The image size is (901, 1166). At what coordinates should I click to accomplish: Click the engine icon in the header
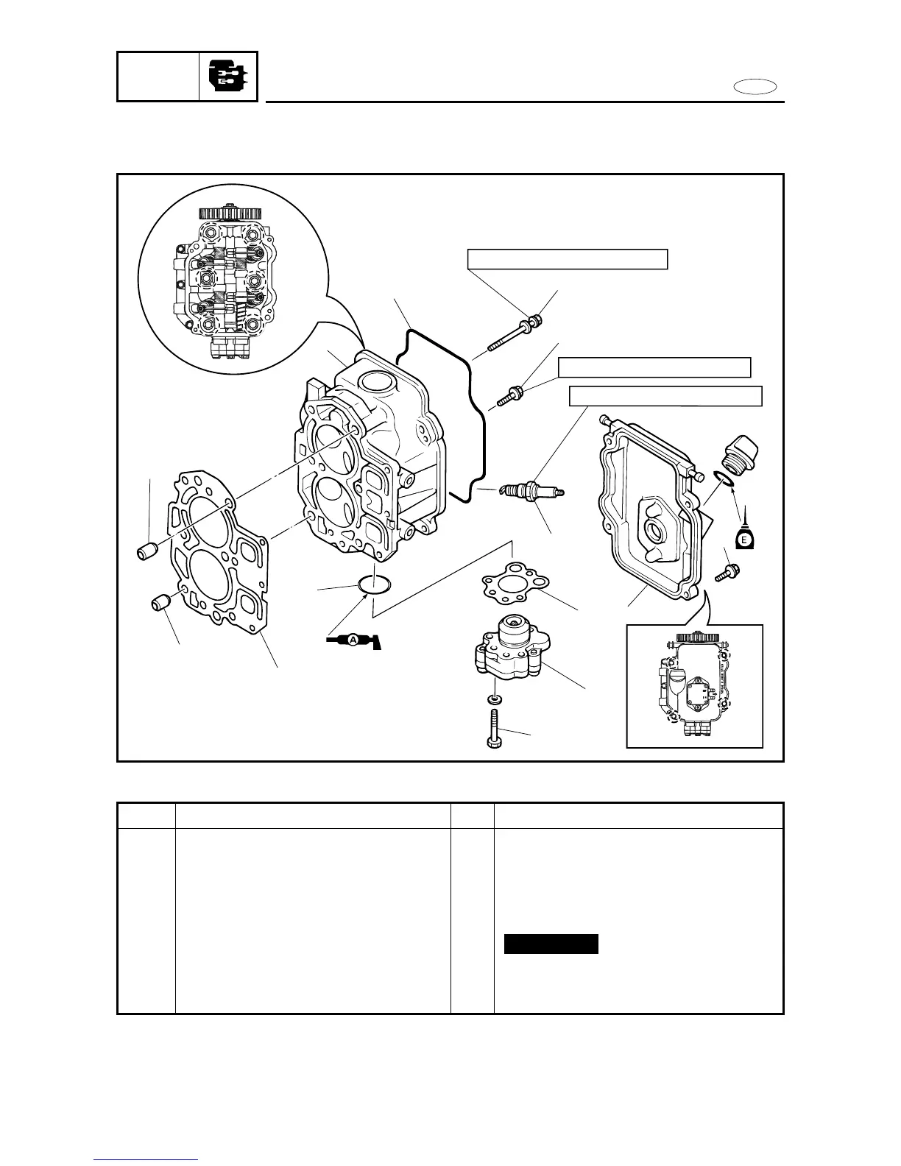(x=228, y=77)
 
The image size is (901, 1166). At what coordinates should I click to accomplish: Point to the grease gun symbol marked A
(x=353, y=640)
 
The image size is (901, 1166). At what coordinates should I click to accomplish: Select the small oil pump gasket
(x=515, y=582)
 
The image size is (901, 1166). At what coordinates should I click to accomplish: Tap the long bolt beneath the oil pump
(x=494, y=728)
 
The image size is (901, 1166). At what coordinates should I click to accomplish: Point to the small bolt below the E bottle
(x=730, y=570)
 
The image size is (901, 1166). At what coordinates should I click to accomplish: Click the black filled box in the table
(x=551, y=944)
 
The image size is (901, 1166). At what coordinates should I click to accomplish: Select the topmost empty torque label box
(x=568, y=259)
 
